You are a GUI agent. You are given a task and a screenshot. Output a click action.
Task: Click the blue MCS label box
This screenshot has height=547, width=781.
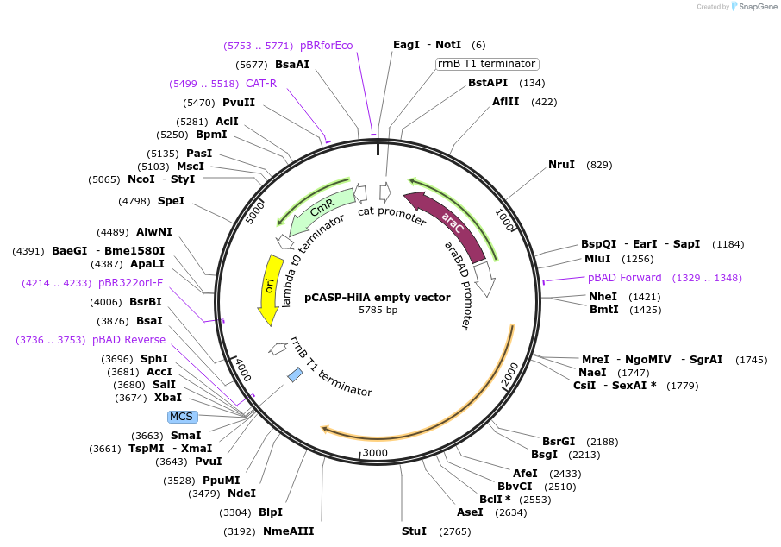tap(182, 417)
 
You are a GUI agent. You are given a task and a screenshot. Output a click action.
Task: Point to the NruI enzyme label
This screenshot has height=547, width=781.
tap(561, 165)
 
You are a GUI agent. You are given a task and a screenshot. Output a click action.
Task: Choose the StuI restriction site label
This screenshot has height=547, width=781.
tap(414, 531)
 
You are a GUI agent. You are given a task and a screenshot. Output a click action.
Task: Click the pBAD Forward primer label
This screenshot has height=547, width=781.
tap(625, 278)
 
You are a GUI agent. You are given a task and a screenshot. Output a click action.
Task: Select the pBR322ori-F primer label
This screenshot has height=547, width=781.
tap(130, 282)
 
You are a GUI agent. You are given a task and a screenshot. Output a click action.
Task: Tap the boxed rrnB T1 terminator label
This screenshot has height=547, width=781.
tap(487, 64)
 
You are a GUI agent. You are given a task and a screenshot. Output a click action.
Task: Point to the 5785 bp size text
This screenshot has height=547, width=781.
tap(378, 310)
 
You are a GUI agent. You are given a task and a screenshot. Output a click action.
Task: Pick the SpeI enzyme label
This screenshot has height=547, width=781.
tap(171, 201)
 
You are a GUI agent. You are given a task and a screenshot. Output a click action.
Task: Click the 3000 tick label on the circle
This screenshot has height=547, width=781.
tap(376, 453)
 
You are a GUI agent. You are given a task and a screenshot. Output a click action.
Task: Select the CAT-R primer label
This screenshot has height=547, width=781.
tap(261, 84)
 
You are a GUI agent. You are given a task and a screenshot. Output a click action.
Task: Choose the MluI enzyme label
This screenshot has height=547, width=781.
tap(597, 259)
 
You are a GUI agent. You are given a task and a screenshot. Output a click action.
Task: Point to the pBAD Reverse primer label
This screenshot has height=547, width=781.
tap(128, 340)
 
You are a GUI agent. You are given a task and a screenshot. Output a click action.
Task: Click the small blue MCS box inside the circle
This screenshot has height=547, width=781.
tap(295, 374)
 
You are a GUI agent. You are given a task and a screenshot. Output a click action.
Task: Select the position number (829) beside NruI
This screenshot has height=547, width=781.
tap(599, 165)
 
